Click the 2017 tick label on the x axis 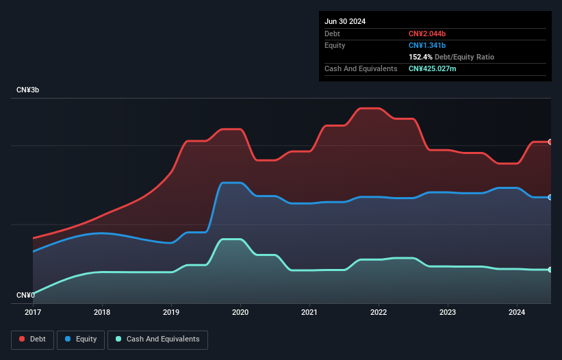point(33,312)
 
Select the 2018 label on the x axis point(102,312)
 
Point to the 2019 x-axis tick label point(171,312)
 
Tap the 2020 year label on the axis point(240,312)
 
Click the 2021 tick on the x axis point(309,312)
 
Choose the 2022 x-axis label point(379,312)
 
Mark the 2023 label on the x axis point(448,312)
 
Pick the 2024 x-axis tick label point(517,312)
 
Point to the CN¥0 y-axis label point(25,295)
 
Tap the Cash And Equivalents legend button point(157,339)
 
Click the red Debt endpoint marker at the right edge point(550,142)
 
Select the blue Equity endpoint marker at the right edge point(550,197)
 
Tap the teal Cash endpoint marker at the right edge point(550,270)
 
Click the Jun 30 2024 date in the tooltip point(345,21)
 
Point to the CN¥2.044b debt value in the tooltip point(427,34)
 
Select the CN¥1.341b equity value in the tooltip point(427,45)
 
